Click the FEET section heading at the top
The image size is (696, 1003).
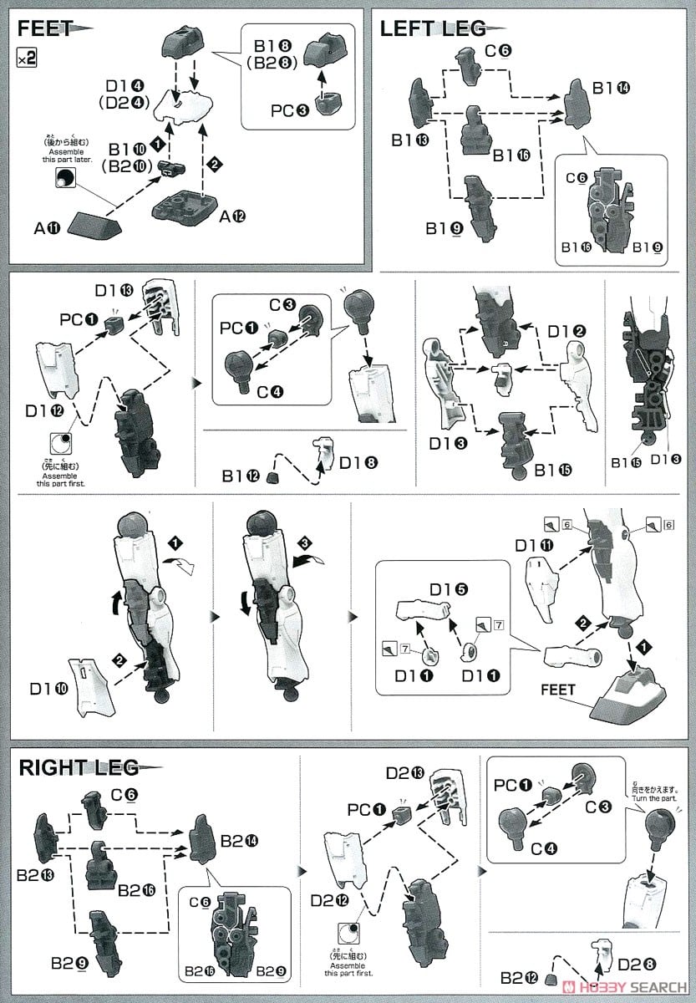[x=47, y=28]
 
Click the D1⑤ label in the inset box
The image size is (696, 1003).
[x=449, y=589]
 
